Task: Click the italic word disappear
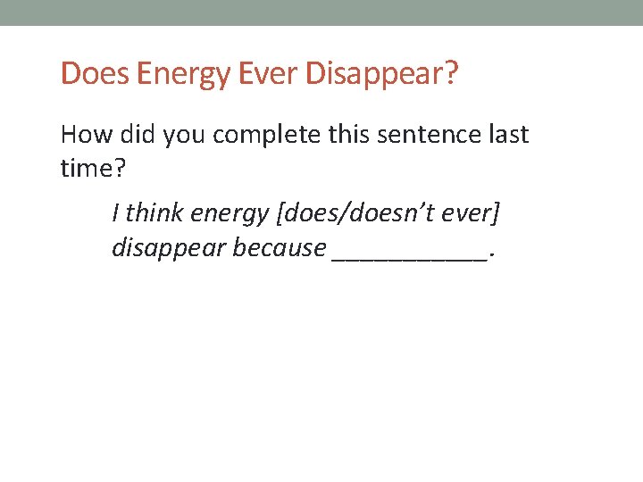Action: click(168, 248)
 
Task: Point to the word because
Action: click(280, 247)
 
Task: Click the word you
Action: click(185, 137)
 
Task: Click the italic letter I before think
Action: click(116, 213)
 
